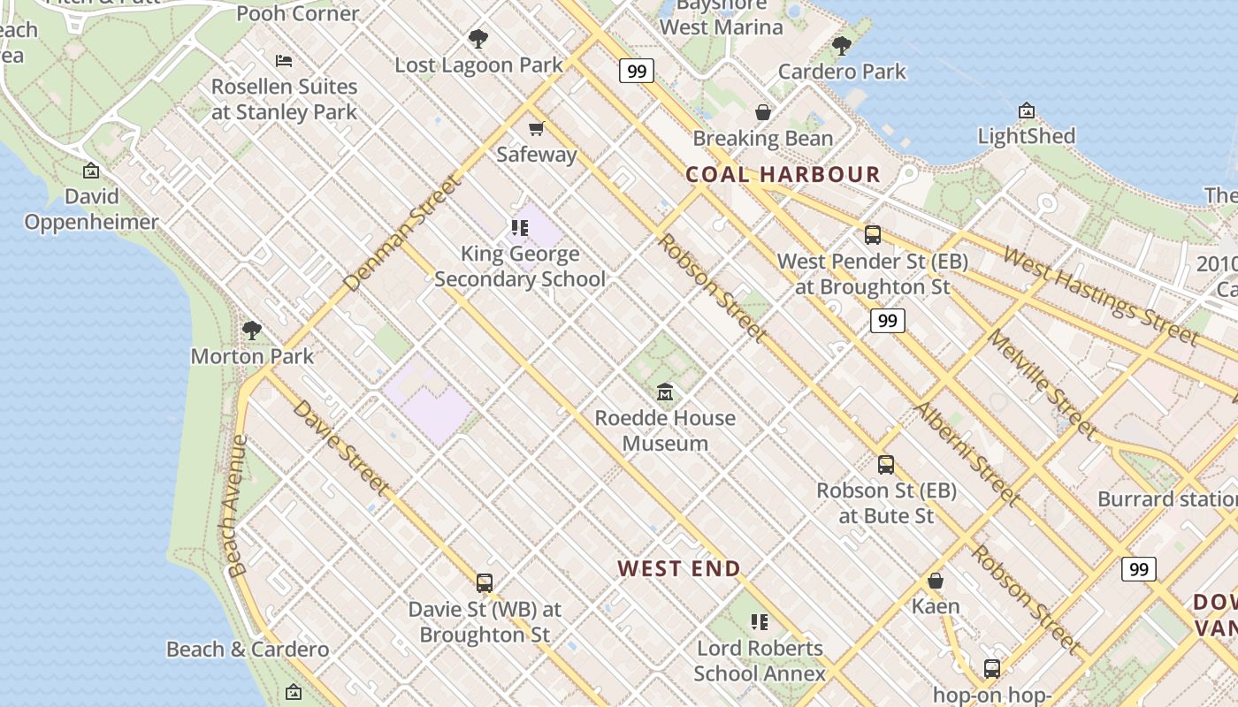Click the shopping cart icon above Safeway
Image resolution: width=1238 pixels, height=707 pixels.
coord(536,129)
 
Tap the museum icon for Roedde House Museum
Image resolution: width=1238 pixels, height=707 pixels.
coord(665,392)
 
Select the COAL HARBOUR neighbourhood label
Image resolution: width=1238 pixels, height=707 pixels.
coord(783,174)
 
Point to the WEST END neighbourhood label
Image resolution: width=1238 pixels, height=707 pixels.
coord(679,568)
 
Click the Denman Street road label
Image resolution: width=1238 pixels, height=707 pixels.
coord(403,233)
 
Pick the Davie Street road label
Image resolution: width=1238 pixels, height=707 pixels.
coord(340,447)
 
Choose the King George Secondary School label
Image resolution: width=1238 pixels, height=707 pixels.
coord(520,267)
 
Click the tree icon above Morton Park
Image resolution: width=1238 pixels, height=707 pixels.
coord(252,331)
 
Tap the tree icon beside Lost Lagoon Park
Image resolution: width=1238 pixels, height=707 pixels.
coord(478,39)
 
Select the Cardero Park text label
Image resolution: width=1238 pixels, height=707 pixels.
coord(842,72)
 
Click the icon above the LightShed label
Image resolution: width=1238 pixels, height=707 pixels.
coord(1027,110)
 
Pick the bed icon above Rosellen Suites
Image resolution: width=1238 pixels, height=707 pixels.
coord(284,61)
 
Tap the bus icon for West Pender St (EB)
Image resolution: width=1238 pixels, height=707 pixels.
coord(873,235)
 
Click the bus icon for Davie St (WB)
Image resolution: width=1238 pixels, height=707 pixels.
coord(485,583)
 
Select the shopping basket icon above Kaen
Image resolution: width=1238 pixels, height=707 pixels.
coord(936,581)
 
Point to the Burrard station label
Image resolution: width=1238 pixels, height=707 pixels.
coord(1166,498)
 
